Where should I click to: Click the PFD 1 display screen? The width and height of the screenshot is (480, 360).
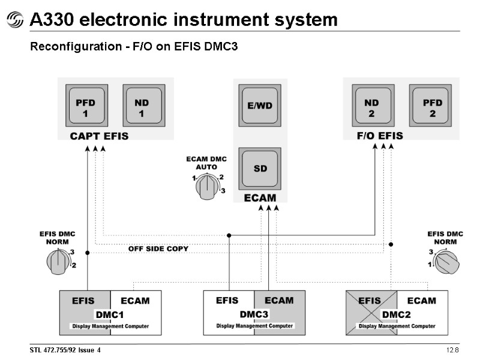click(x=86, y=106)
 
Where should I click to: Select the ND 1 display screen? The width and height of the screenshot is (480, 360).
click(x=144, y=106)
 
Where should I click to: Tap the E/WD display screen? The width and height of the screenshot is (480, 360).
click(x=260, y=106)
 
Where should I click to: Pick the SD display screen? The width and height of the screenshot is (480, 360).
click(x=260, y=169)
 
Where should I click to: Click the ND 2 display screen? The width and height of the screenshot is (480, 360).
click(x=373, y=106)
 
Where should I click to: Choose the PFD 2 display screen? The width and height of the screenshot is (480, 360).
click(x=430, y=106)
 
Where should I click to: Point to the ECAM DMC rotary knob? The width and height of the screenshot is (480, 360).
click(x=207, y=187)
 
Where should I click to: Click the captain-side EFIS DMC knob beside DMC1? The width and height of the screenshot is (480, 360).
click(x=58, y=262)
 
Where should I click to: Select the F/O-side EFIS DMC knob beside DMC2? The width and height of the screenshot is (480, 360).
click(x=447, y=262)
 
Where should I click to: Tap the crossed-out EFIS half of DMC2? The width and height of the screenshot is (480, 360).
click(x=371, y=313)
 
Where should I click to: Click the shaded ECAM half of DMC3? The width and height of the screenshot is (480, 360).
click(x=280, y=313)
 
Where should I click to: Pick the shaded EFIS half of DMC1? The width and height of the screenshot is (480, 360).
click(x=85, y=313)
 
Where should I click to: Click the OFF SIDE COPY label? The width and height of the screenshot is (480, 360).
click(x=158, y=248)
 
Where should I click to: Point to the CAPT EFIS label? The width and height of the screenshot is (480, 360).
click(x=99, y=136)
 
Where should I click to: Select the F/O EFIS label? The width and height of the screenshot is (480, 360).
click(x=380, y=136)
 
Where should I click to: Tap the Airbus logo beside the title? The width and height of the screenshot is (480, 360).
click(x=15, y=20)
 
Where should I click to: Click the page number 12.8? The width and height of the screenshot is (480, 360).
click(x=452, y=350)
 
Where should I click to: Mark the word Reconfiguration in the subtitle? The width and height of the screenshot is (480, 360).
click(x=76, y=47)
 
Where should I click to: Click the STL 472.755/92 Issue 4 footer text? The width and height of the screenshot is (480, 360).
click(x=65, y=350)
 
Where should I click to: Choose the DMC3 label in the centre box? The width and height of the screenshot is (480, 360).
click(x=254, y=314)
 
